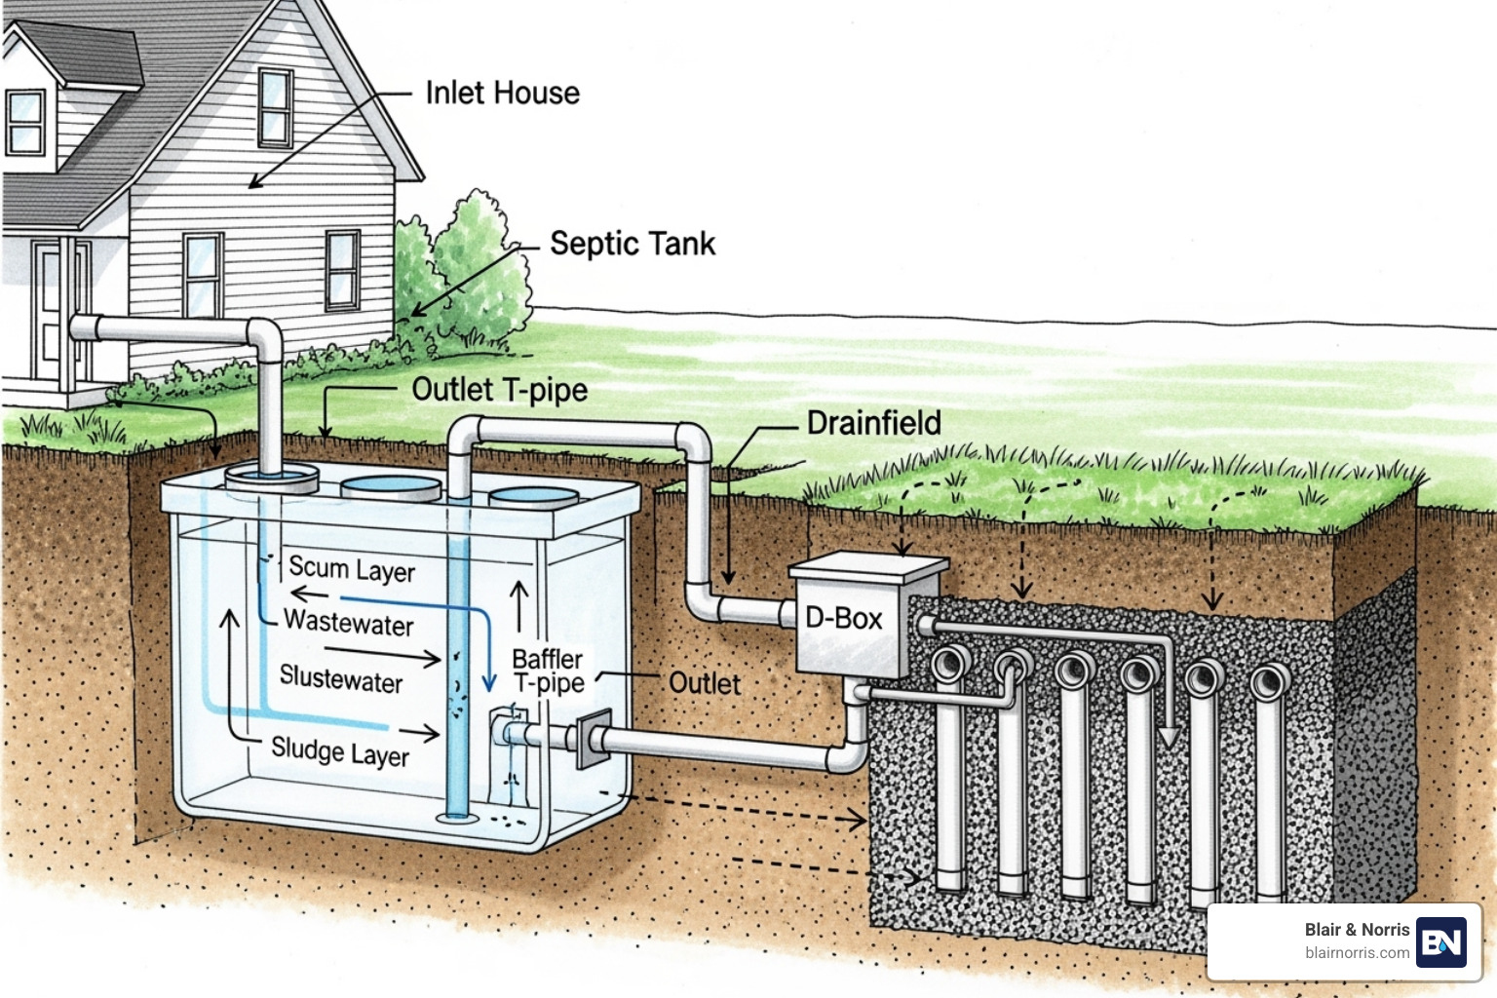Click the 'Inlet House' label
pos(502,94)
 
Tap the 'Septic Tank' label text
pos(632,244)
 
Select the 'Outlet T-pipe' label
pos(499,390)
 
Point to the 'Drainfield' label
pos(873,423)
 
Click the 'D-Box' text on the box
pos(843,619)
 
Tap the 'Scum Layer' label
pos(352,569)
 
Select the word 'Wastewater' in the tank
pos(349,623)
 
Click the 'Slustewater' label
pos(341,678)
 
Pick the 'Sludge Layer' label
pos(340,751)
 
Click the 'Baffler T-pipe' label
pos(548,671)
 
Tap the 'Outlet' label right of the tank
pos(705,683)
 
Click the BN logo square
pos(1441,941)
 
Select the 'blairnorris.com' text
pos(1357,953)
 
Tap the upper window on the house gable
pos(275,107)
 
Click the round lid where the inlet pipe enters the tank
pos(272,478)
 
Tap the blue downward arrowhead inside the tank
pos(490,682)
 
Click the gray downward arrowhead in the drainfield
pos(1169,737)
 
